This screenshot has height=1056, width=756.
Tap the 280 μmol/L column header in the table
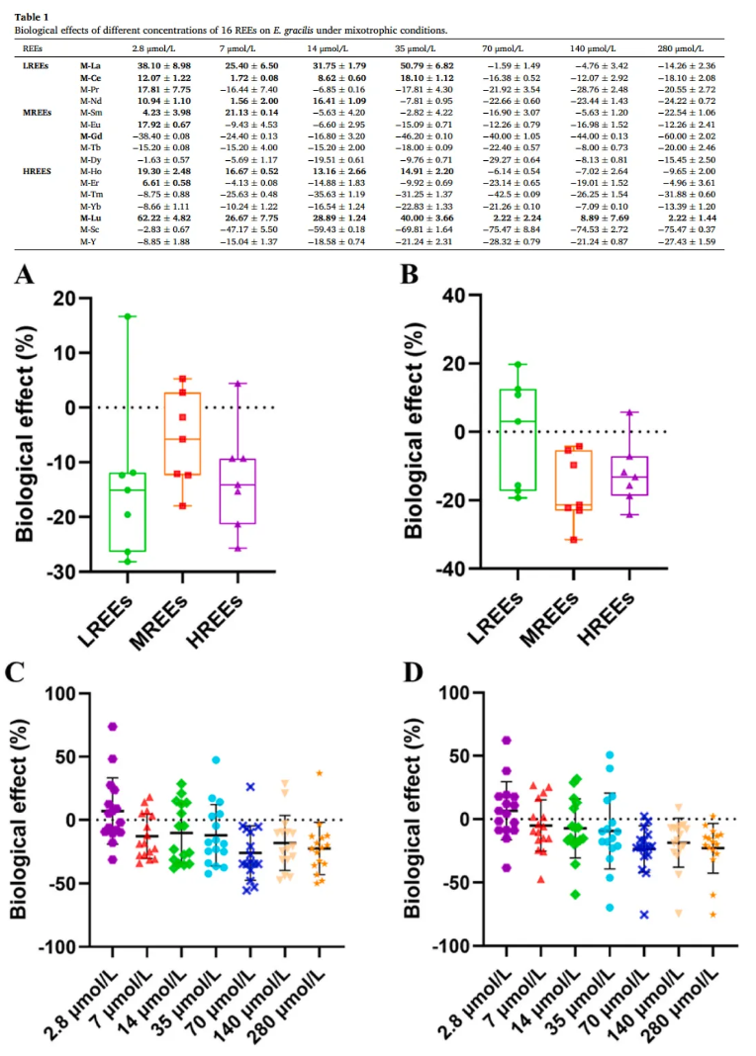point(679,48)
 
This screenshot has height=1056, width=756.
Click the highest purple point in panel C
point(114,727)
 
